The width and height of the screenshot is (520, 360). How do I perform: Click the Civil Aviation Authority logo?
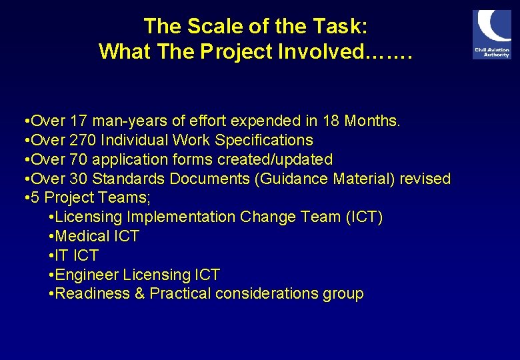pos(491,34)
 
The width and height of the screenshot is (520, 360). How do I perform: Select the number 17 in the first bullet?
pos(79,121)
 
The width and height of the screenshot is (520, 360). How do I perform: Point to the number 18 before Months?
pos(331,121)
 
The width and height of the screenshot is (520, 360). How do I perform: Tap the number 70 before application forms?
pos(79,160)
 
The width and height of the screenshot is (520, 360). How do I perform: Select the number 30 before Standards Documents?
pos(79,179)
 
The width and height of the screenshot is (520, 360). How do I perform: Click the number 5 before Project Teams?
pos(35,198)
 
